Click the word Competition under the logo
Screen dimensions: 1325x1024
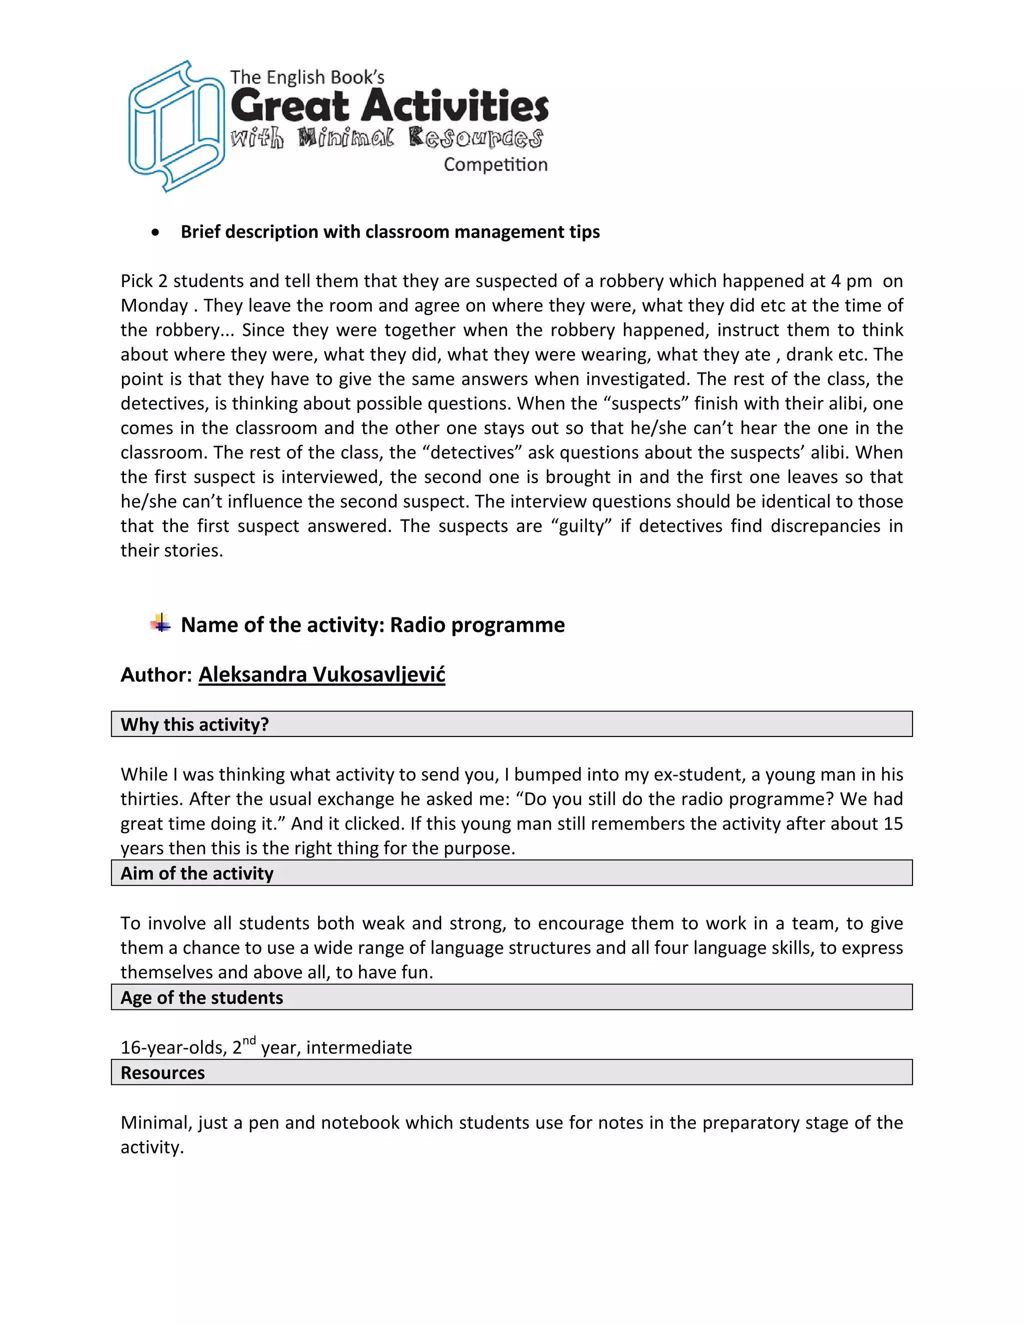[495, 164]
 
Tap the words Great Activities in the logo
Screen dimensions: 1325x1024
[389, 106]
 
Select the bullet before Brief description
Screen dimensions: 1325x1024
[156, 232]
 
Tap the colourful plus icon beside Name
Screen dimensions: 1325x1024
[161, 623]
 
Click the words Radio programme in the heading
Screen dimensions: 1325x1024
[477, 625]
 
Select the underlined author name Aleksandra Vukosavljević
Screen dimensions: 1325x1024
[321, 674]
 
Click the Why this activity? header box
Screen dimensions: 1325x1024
[511, 724]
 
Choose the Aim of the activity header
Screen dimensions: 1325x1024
[511, 872]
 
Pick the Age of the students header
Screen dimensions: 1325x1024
[511, 997]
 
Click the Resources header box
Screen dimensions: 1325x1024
[511, 1072]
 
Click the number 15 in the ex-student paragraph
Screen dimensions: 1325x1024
[892, 824]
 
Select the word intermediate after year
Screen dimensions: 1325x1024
[358, 1047]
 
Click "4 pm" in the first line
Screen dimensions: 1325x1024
[851, 281]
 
